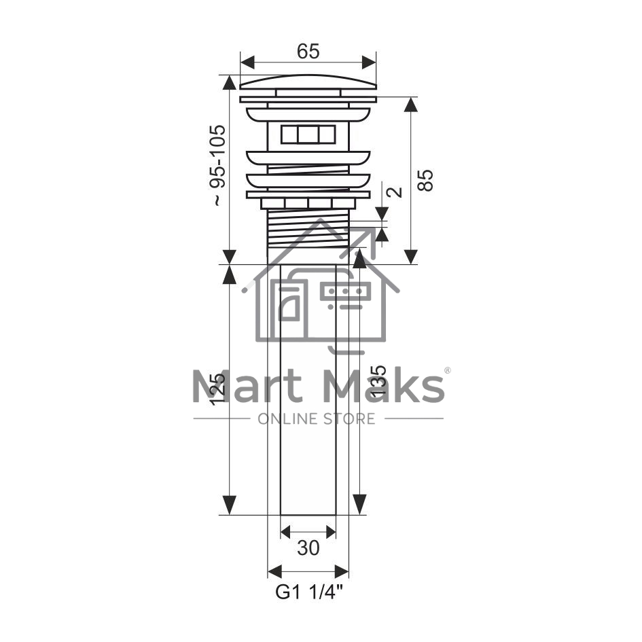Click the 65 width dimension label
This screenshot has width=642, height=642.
point(308,52)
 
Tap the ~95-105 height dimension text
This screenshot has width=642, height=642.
point(217,165)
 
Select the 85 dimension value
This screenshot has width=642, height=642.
point(425,180)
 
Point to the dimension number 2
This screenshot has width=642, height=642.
point(395,192)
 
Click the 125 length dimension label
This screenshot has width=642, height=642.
point(217,389)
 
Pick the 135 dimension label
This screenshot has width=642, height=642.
point(378,380)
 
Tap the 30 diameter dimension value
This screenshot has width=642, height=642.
point(308,548)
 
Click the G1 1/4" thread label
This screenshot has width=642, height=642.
point(308,592)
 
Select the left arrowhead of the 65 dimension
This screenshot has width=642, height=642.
point(247,63)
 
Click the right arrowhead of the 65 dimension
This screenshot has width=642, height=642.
point(369,63)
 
